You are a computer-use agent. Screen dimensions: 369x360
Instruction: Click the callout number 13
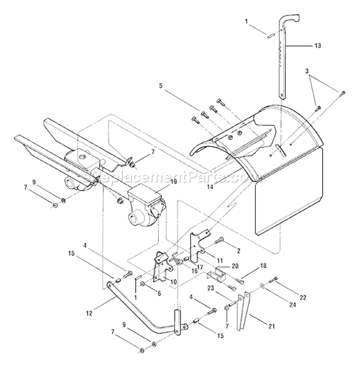318,46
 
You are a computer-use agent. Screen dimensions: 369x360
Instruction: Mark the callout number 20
235,265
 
